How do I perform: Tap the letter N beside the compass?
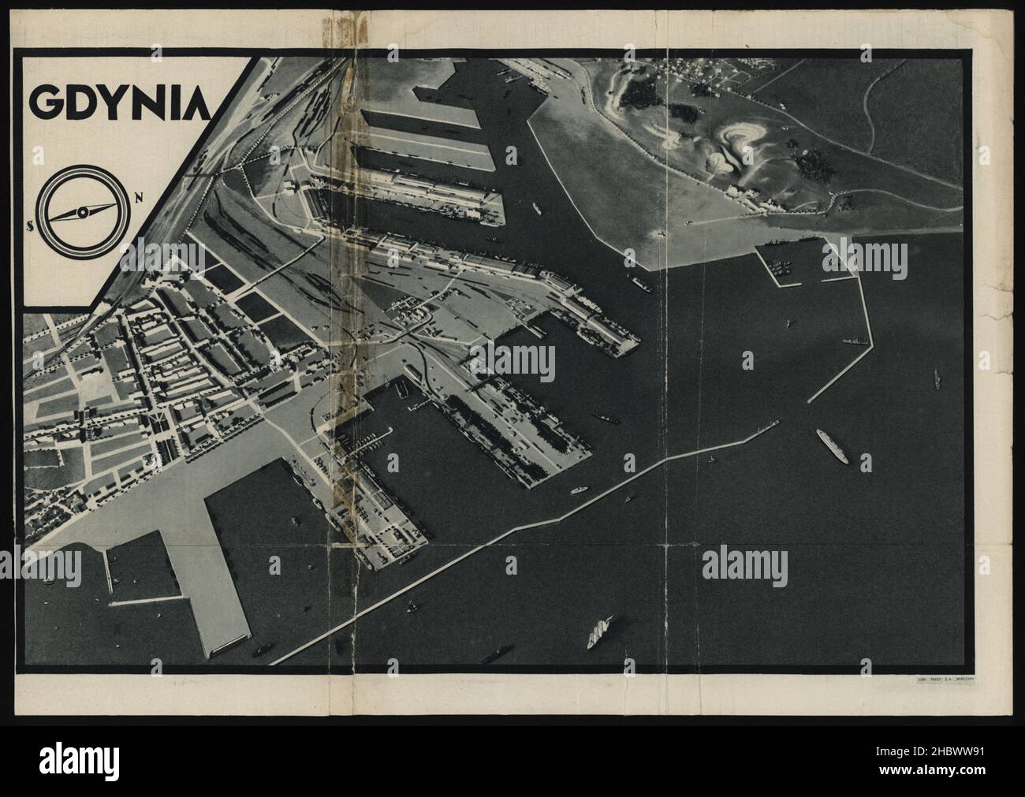[x=139, y=197]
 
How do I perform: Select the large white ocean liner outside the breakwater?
[x=832, y=445]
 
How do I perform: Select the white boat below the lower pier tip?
[x=580, y=489]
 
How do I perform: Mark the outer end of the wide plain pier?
[x=227, y=642]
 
